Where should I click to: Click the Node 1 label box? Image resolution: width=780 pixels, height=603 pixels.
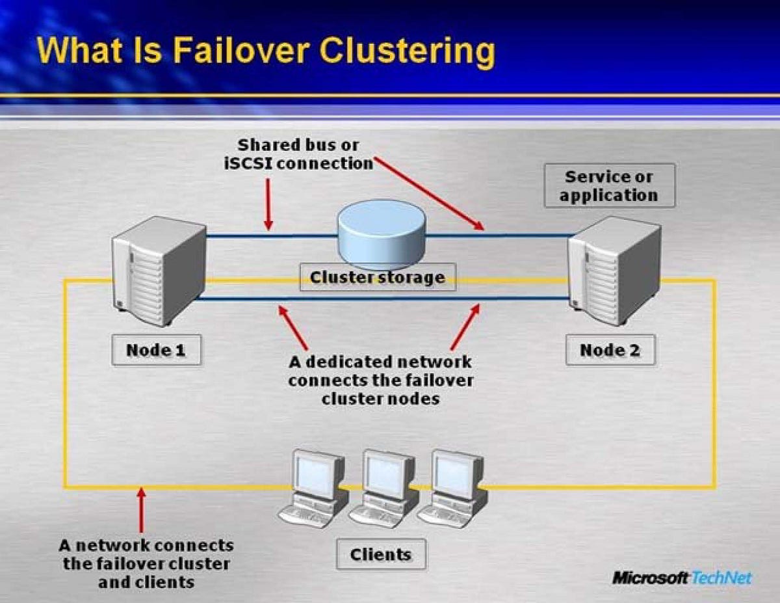[156, 350]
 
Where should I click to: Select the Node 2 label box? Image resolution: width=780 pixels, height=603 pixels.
[610, 350]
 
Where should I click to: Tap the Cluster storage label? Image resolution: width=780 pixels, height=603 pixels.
[377, 277]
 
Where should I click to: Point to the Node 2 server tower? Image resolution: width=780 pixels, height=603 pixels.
[614, 270]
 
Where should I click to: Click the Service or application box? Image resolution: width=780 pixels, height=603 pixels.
[609, 185]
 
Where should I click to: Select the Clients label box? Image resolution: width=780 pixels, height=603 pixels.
[381, 554]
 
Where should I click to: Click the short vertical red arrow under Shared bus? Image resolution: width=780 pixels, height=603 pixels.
[268, 204]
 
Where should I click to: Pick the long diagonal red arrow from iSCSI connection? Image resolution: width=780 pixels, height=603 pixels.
[429, 193]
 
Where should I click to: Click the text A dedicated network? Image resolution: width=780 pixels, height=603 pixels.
[380, 361]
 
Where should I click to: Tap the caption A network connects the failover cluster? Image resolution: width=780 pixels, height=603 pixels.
[146, 563]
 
